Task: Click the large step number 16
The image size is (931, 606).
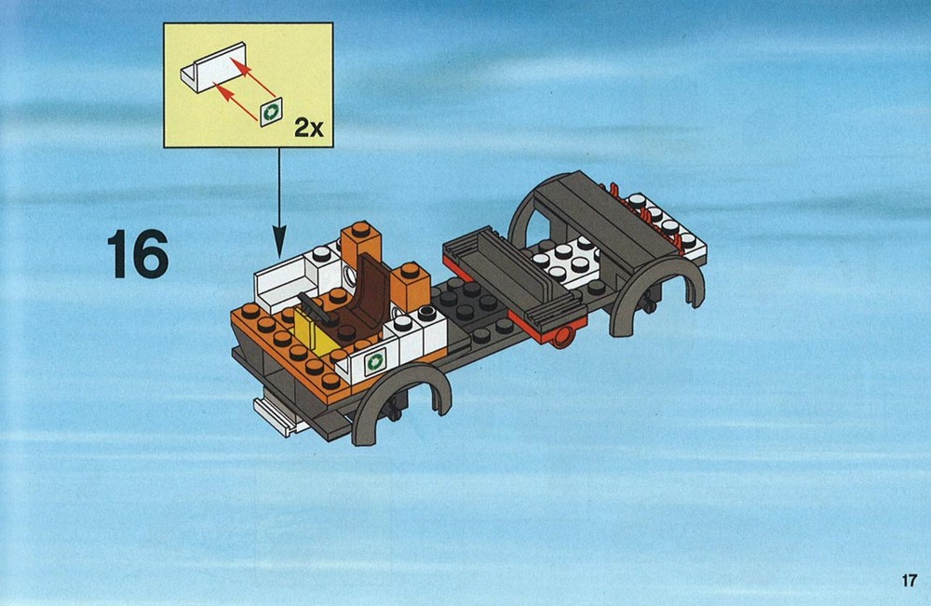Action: point(138,254)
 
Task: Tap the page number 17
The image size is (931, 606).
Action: point(909,581)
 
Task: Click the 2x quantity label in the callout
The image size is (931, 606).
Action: point(309,127)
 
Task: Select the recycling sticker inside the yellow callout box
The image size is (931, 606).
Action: point(272,111)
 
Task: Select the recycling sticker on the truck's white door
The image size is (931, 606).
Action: point(375,361)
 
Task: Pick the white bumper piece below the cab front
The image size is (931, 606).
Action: point(279,415)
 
